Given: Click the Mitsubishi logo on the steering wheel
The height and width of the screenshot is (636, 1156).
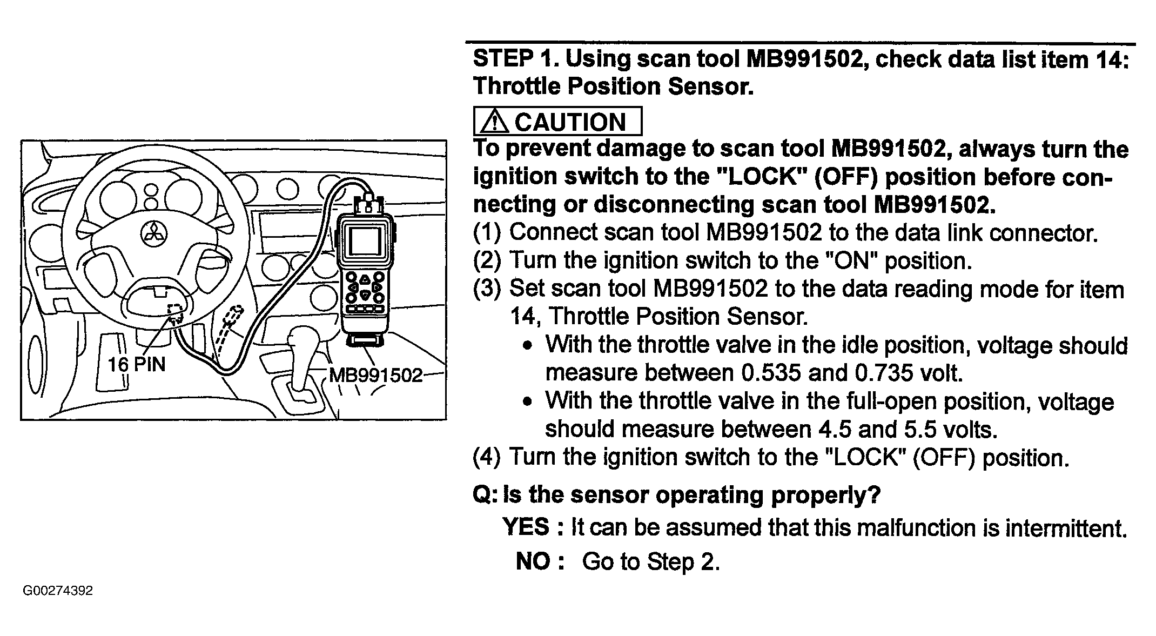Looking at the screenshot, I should pyautogui.click(x=154, y=233).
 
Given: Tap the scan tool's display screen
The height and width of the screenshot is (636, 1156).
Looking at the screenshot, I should pyautogui.click(x=365, y=240).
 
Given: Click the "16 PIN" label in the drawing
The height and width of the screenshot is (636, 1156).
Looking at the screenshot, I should pyautogui.click(x=136, y=365).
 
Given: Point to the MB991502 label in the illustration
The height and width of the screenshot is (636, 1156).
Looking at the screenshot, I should pyautogui.click(x=376, y=375).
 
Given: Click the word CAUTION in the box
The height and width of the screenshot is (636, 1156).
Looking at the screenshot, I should pyautogui.click(x=570, y=122).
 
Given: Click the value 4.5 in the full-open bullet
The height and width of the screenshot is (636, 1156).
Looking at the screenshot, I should pyautogui.click(x=835, y=430).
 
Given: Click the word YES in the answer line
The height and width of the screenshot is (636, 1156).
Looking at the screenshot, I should pyautogui.click(x=526, y=527).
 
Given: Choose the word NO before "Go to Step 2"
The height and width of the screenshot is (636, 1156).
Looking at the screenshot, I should pyautogui.click(x=533, y=561).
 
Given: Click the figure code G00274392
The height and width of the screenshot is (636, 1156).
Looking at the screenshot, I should pyautogui.click(x=58, y=591).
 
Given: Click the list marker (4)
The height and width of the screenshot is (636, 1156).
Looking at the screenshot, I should pyautogui.click(x=487, y=458).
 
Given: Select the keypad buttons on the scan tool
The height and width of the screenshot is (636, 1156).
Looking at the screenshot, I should pyautogui.click(x=365, y=289).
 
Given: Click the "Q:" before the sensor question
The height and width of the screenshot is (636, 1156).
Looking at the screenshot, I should pyautogui.click(x=485, y=494).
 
